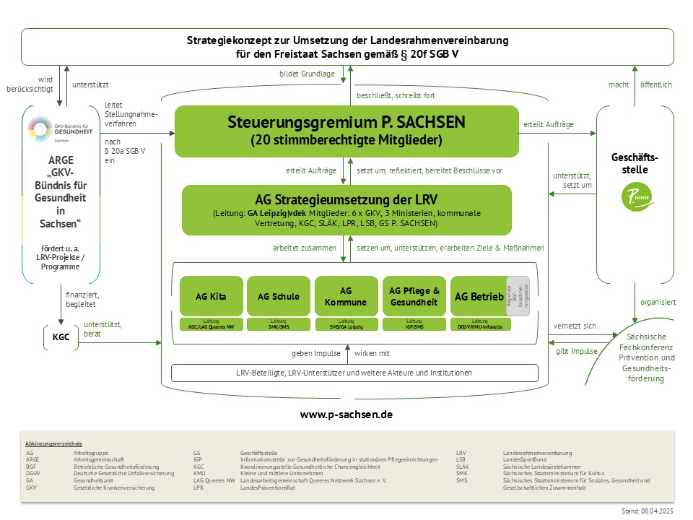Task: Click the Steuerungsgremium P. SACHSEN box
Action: point(346,131)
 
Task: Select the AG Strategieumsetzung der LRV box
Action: point(346,209)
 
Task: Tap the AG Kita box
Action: point(211,295)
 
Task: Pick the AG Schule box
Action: point(278,295)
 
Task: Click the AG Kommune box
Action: point(346,295)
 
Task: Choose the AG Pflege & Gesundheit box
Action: point(414,295)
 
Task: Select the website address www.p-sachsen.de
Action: point(346,416)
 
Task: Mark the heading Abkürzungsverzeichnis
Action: point(53,443)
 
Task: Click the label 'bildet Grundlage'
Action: point(307,74)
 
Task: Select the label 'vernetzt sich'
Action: point(575,326)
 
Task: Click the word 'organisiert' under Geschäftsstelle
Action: point(658,302)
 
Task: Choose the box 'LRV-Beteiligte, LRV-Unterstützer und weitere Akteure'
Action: point(354,373)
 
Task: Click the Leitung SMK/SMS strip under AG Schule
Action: point(278,324)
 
